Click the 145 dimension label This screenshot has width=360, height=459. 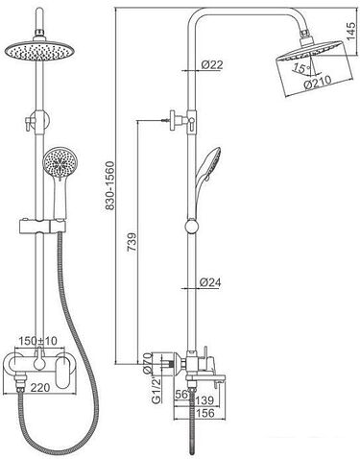click(351, 31)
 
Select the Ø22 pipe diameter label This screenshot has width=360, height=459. click(212, 65)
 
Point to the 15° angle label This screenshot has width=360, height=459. click(300, 68)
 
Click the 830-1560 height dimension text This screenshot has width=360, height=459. click(109, 186)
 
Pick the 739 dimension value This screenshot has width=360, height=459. click(132, 242)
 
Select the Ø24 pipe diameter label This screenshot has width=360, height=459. click(210, 282)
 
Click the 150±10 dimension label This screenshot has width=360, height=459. click(37, 341)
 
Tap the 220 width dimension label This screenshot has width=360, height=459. click(40, 388)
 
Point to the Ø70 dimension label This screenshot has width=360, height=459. click(147, 363)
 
